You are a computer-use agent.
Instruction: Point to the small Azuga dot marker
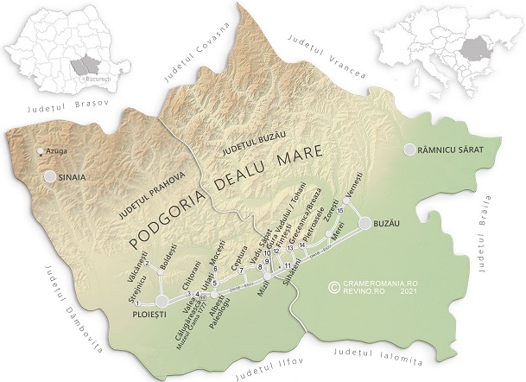point(39,152)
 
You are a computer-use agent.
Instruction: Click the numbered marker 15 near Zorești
point(340,211)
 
